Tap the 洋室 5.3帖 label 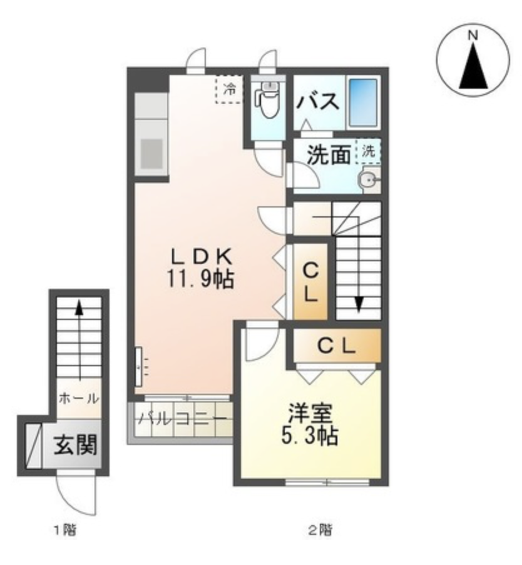click(310, 424)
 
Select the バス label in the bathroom click(318, 101)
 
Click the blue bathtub click(364, 102)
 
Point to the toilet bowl click(268, 103)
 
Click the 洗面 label click(329, 155)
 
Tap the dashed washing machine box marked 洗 click(368, 151)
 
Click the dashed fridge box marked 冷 click(228, 89)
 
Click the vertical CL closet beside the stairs click(310, 282)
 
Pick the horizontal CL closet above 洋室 click(337, 346)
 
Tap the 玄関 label click(76, 445)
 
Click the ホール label click(79, 399)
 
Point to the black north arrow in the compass click(473, 67)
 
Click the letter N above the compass click(473, 36)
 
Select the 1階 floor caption click(65, 530)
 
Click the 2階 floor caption click(320, 530)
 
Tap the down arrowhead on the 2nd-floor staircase click(359, 304)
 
